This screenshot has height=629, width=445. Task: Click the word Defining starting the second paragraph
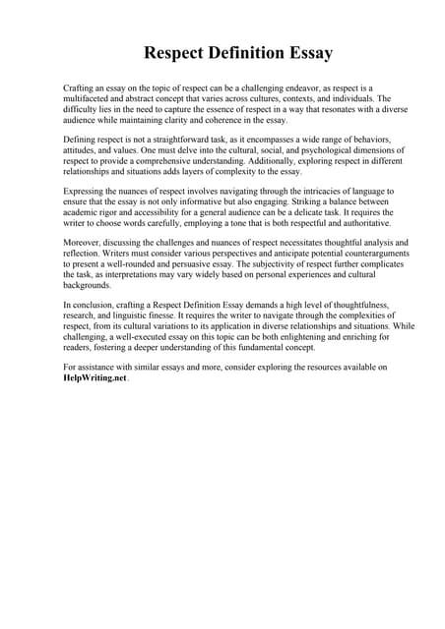(82, 143)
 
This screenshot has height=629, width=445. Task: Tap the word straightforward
(175, 143)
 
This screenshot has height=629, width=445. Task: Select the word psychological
(275, 153)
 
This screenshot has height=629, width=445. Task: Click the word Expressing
(86, 191)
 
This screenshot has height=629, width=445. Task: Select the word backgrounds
(87, 283)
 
